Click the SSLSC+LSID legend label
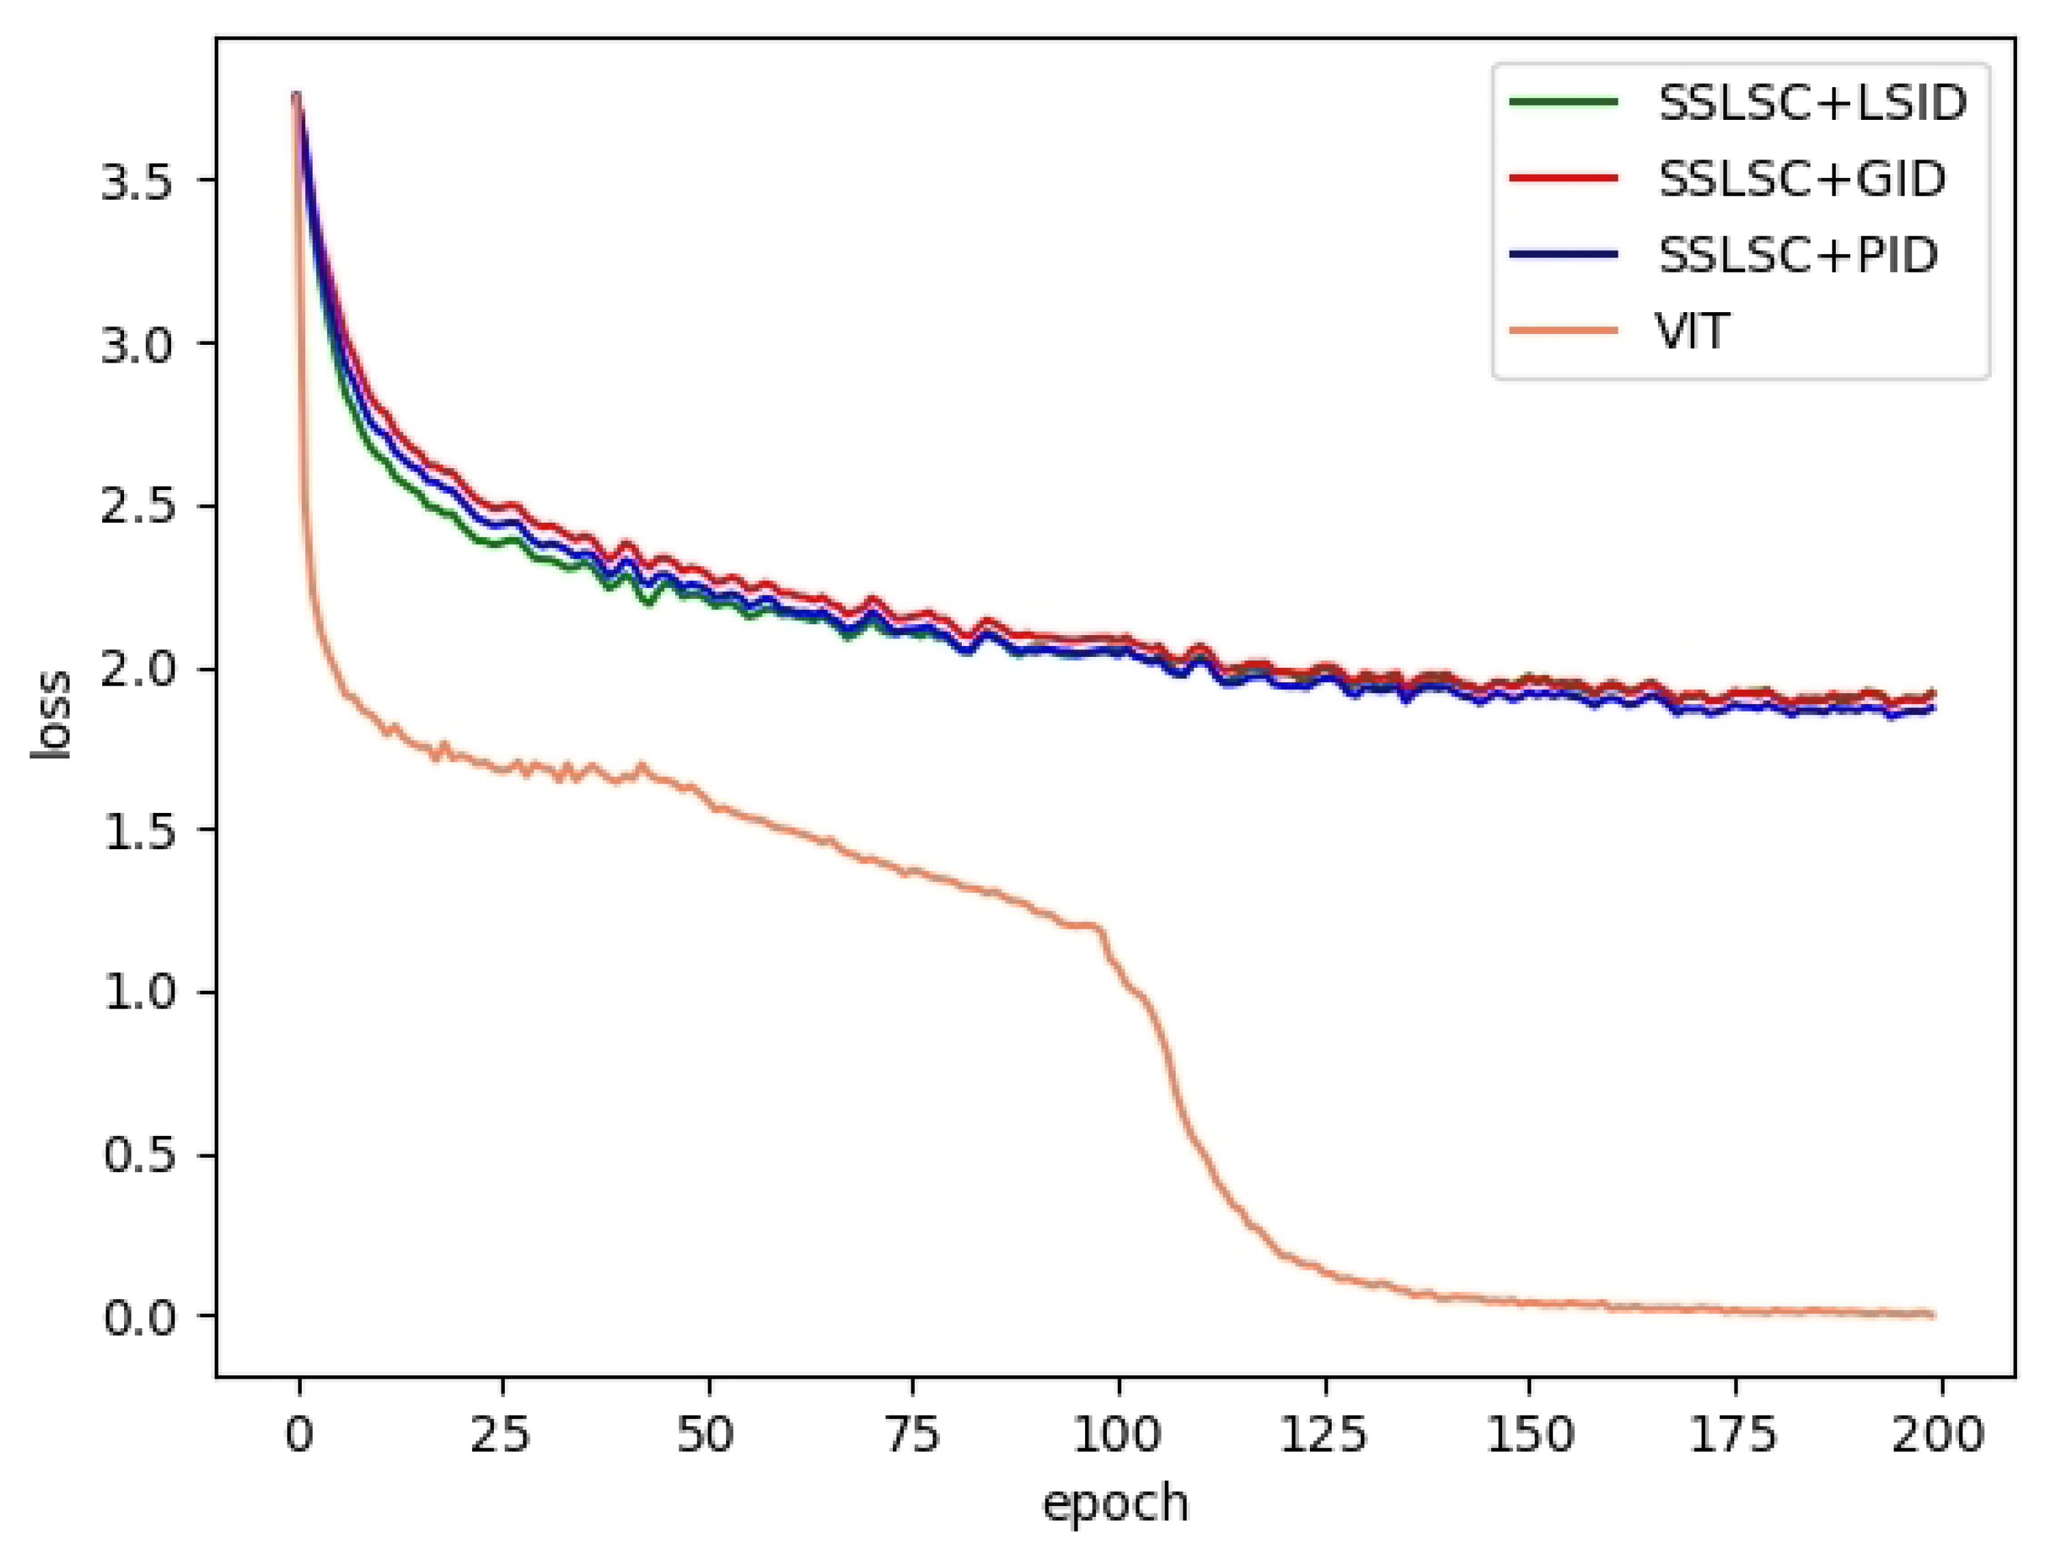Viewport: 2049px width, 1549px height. point(1812,103)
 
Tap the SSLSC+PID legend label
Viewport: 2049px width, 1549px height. point(1798,255)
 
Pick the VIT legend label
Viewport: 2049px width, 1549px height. point(1691,331)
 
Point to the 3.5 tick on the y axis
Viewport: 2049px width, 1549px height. point(137,181)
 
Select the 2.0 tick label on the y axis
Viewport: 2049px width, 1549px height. point(137,670)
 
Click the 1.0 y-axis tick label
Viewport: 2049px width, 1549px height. point(137,993)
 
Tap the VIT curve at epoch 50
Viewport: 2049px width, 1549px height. point(708,804)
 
